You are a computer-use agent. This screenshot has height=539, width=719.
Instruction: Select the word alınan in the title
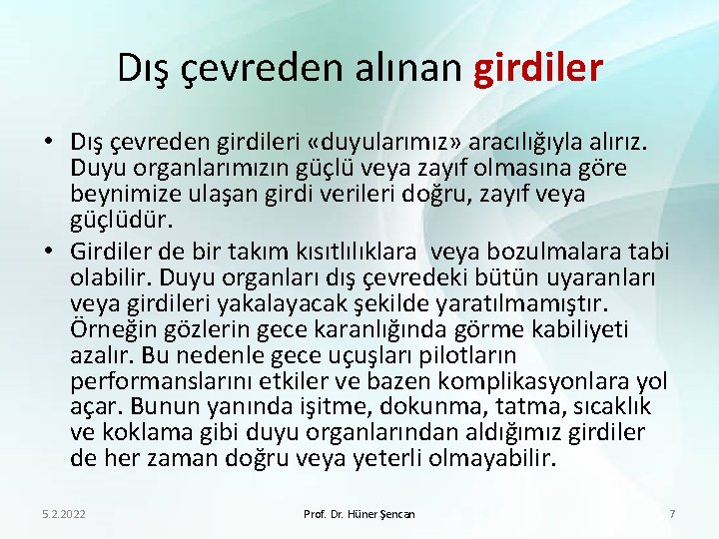pyautogui.click(x=408, y=68)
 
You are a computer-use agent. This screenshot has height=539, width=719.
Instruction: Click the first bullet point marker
pyautogui.click(x=51, y=145)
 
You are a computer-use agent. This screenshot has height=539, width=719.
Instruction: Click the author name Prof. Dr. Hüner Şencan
pyautogui.click(x=359, y=514)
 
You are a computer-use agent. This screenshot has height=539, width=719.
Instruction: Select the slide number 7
pyautogui.click(x=672, y=514)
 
